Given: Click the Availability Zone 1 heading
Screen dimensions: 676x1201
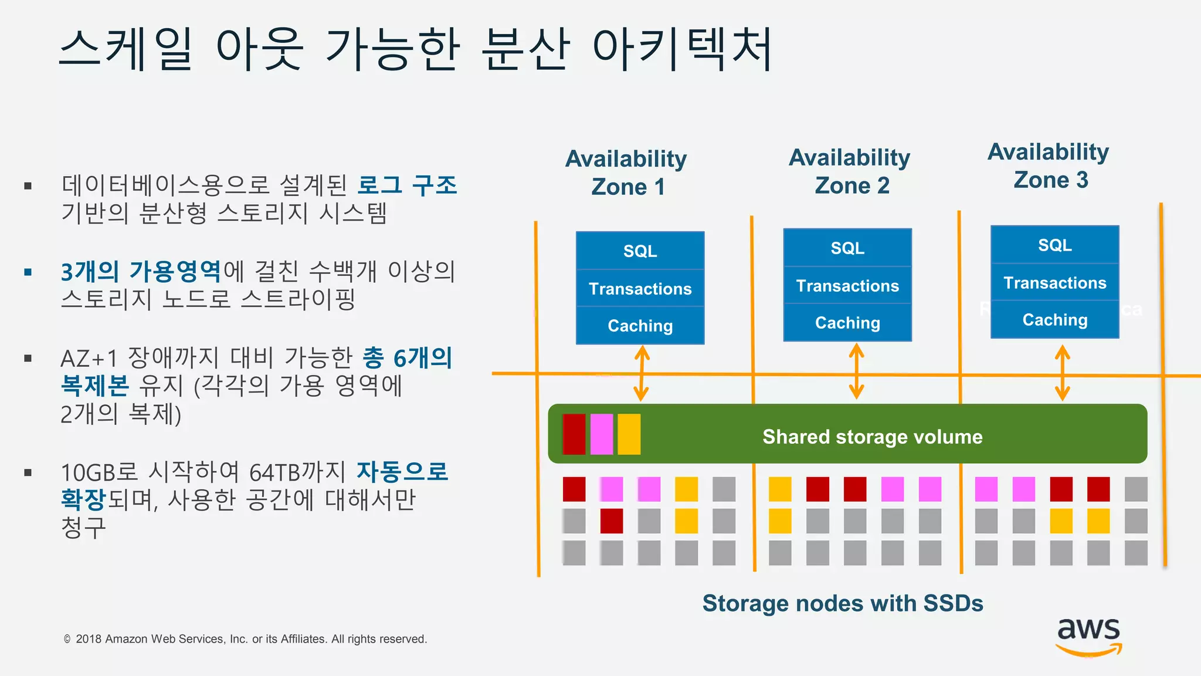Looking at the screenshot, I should tap(626, 173).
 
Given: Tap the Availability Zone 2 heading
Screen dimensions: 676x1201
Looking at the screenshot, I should tap(850, 171).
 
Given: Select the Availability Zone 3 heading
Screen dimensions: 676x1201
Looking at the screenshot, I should tap(1049, 165).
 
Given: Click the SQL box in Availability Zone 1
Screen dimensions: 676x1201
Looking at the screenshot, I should tap(640, 251).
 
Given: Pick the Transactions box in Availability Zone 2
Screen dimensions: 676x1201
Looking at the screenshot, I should tap(847, 286).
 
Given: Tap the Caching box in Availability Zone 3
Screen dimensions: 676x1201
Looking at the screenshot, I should tap(1054, 320).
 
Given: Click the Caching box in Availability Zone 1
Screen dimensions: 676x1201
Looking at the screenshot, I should tap(640, 326).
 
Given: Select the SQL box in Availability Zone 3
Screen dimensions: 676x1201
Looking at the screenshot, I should tap(1054, 245).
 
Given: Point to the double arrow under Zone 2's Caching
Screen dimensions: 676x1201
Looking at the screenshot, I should tap(856, 371).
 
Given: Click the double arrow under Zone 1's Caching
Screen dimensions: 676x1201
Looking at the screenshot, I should tap(642, 373).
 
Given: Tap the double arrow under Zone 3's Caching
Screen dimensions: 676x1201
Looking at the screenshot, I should tap(1062, 373).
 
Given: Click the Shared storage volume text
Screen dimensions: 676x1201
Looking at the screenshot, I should tap(872, 437).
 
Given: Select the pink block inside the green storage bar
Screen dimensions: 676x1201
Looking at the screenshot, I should tap(602, 434).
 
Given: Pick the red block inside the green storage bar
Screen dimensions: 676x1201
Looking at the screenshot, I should tap(574, 434).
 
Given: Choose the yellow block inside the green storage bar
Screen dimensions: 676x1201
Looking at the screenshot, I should tap(629, 434).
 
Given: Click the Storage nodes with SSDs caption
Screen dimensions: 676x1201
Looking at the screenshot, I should tap(843, 603).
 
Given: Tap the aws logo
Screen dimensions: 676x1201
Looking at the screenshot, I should tap(1088, 636).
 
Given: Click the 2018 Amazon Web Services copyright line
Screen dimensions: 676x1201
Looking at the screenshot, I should tap(246, 639).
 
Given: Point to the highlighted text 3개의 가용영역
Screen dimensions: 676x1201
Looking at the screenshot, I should tap(141, 272).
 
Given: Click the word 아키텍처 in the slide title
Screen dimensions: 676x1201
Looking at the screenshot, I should tap(683, 49).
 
